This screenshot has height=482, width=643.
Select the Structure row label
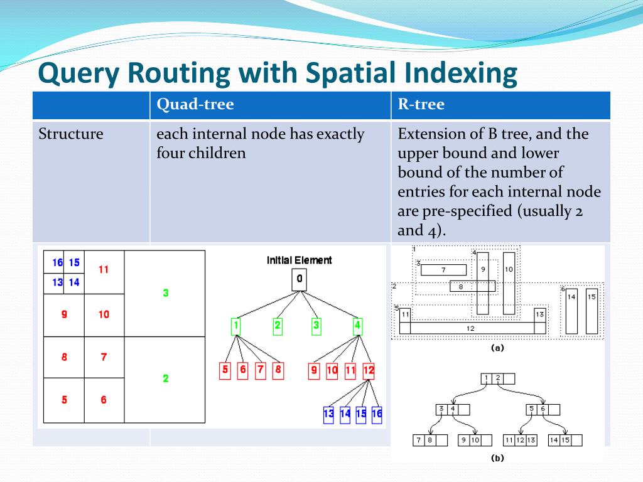[71, 134]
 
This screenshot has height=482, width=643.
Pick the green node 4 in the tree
[357, 326]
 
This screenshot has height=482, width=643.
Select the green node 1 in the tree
[236, 326]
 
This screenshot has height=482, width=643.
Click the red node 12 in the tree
[369, 370]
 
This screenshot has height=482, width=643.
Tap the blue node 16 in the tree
[376, 414]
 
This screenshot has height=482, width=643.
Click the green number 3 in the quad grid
[165, 293]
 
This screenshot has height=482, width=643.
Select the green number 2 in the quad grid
[165, 378]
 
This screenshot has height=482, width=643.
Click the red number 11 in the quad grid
[104, 270]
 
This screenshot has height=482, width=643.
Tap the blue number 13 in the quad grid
[58, 282]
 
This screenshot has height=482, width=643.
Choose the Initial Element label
[300, 260]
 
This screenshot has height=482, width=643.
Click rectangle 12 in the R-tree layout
[470, 328]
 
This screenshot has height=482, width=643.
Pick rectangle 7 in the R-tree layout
[443, 270]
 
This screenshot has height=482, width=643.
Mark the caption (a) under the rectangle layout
[497, 348]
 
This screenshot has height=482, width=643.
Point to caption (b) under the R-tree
[497, 458]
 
